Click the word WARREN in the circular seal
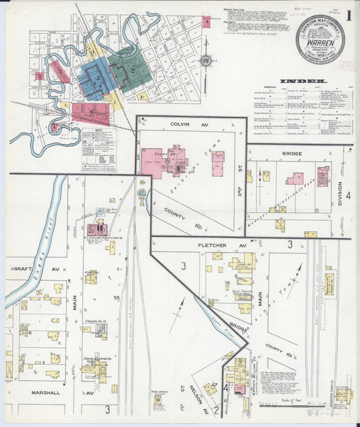tap(319, 40)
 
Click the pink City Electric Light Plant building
tap(97, 230)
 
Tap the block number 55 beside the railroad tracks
tap(116, 298)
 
